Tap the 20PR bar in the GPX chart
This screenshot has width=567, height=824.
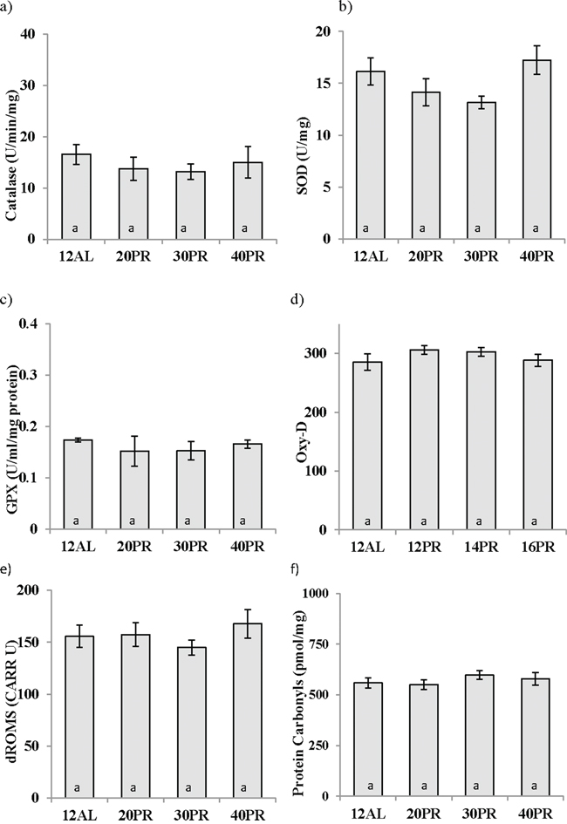pos(133,489)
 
